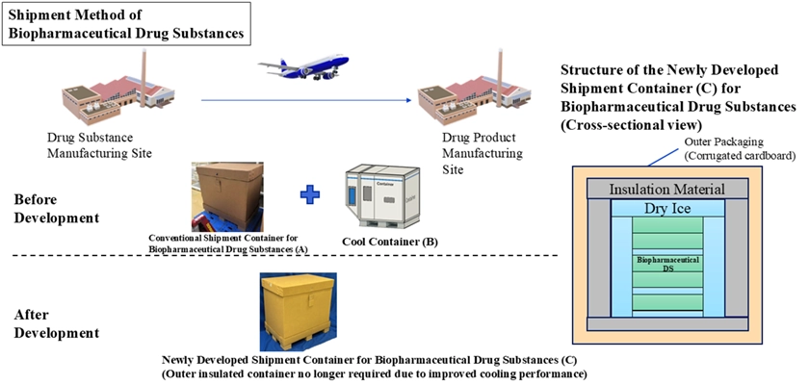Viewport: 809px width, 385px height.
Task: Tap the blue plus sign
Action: point(309,194)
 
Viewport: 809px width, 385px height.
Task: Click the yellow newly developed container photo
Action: point(301,310)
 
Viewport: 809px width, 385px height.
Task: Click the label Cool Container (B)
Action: point(386,241)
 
